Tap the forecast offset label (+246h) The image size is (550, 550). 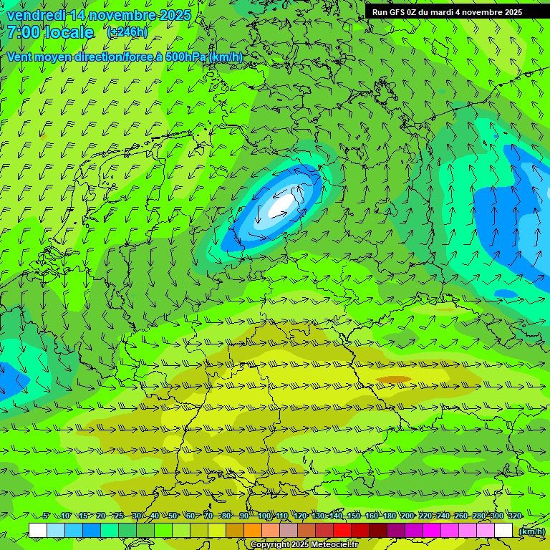[127, 32]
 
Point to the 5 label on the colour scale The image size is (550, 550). [46, 516]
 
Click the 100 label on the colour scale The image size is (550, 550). [264, 516]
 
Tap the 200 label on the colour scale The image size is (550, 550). [407, 516]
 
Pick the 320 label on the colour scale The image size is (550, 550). [515, 516]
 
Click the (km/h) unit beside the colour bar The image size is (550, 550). [531, 531]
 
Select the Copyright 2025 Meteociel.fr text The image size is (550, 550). [304, 545]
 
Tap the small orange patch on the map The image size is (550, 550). [394, 380]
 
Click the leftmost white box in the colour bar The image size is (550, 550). [38, 530]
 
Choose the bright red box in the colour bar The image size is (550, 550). [342, 530]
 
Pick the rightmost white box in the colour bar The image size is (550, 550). [503, 530]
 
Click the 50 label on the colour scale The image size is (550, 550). [173, 516]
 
